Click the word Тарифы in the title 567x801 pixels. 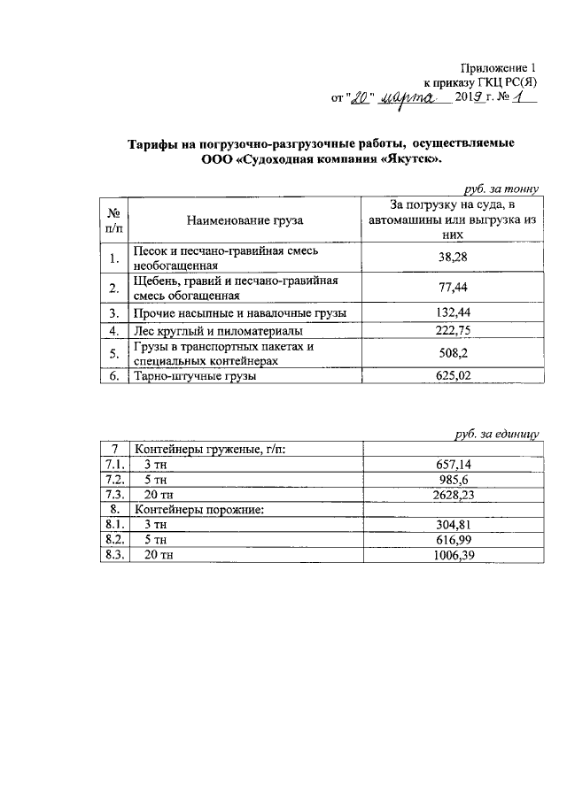click(x=156, y=143)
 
